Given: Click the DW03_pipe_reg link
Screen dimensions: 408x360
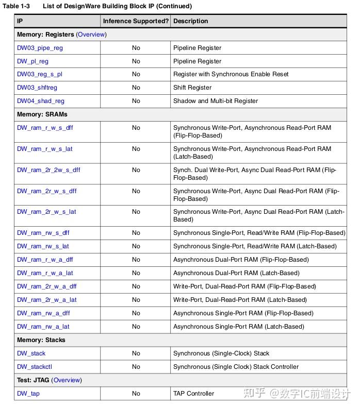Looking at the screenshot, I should pos(40,48).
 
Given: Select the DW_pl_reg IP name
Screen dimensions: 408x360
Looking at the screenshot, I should pos(32,61).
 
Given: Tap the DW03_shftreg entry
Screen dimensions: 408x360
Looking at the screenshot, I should pos(37,88).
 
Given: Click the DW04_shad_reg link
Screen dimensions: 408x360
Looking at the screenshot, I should pos(41,101).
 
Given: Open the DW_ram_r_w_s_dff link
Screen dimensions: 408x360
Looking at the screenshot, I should pos(45,128).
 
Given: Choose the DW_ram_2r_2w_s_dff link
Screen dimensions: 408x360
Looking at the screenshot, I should pos(48,170).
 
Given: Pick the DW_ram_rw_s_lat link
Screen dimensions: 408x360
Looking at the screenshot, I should pos(43,246).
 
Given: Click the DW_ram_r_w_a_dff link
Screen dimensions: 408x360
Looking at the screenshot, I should pos(45,260).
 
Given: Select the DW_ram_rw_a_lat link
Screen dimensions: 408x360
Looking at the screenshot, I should pos(43,327).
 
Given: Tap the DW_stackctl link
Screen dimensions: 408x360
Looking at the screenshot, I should pos(35,367).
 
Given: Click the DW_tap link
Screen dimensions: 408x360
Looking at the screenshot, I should pos(28,394).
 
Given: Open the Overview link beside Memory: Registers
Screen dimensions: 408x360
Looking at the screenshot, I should pos(91,35).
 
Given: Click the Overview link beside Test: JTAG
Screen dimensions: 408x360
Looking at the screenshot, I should pos(67,380).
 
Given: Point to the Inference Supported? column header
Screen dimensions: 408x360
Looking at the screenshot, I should pos(136,21).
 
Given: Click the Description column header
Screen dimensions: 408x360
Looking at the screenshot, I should pos(191,21).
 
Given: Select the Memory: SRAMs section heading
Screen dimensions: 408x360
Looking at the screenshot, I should pos(42,114).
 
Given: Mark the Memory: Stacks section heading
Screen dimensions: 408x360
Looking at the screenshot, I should pos(41,340).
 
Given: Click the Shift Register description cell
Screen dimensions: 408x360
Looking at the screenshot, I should pos(192,88).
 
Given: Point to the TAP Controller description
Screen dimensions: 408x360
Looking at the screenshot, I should pos(193,394).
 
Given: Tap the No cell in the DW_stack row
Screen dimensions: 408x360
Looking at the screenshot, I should pos(136,353).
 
